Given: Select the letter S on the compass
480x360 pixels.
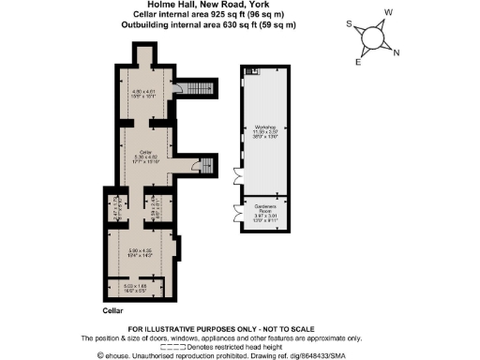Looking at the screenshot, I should pyautogui.click(x=349, y=25).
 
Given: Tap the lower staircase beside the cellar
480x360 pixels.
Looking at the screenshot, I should pyautogui.click(x=205, y=165).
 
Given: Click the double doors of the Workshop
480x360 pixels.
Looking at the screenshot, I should pyautogui.click(x=234, y=174).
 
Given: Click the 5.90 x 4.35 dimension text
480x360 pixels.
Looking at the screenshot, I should pyautogui.click(x=141, y=250).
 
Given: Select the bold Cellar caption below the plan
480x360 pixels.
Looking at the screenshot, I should pyautogui.click(x=112, y=309).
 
